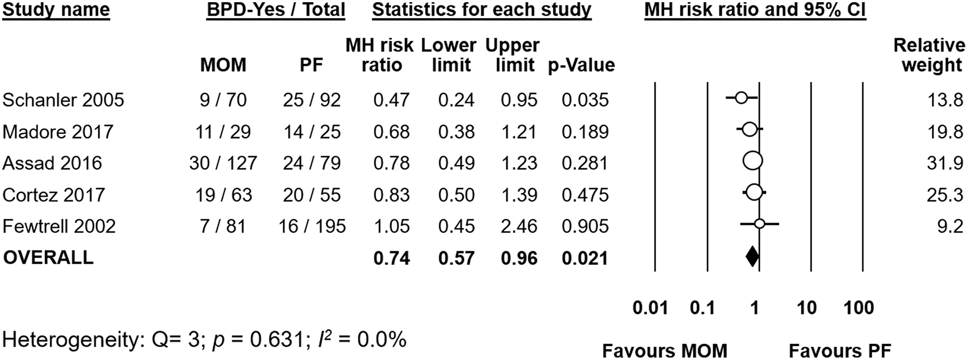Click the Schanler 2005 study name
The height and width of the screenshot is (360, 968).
(x=63, y=100)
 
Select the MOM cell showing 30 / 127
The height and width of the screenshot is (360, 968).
(x=223, y=163)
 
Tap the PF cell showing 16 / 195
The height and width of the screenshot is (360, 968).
(x=312, y=226)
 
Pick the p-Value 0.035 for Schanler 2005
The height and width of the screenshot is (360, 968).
(x=585, y=100)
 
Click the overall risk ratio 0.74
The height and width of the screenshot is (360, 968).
(x=391, y=258)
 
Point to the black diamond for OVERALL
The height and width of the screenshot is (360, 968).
(x=752, y=257)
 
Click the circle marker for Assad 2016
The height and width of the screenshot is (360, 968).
(x=753, y=161)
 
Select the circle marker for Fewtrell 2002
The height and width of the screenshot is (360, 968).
(x=759, y=223)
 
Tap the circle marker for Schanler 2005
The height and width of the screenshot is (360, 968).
(x=741, y=98)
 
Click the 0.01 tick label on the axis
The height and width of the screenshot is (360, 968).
(x=650, y=308)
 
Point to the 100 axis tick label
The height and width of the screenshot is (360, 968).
(x=859, y=308)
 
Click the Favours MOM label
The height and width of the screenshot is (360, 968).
(x=664, y=350)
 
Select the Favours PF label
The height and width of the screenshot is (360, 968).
(x=840, y=350)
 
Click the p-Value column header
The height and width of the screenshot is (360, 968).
(x=581, y=66)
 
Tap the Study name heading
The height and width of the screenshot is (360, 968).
(x=56, y=10)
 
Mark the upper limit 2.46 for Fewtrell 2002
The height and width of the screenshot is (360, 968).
(x=519, y=226)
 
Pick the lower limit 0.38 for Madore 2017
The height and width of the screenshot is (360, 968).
(x=456, y=132)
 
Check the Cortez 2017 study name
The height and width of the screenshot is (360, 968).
(x=54, y=195)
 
